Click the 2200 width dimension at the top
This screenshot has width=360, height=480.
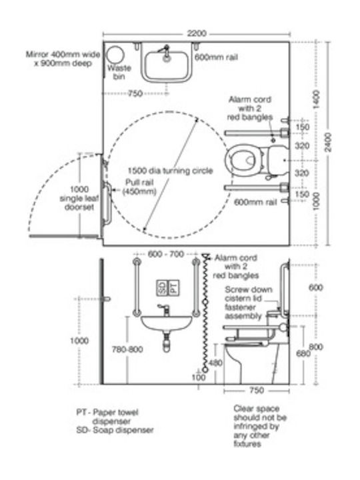click(x=197, y=33)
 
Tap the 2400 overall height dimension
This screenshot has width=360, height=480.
click(x=328, y=142)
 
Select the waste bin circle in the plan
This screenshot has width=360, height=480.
click(x=115, y=55)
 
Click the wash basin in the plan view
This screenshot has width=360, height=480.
click(x=166, y=65)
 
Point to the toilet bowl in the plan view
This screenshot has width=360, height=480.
click(x=244, y=160)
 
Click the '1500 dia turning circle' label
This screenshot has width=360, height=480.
click(x=170, y=171)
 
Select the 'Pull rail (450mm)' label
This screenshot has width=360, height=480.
click(x=139, y=187)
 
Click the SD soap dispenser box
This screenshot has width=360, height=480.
click(x=162, y=288)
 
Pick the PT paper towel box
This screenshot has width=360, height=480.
click(x=173, y=288)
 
